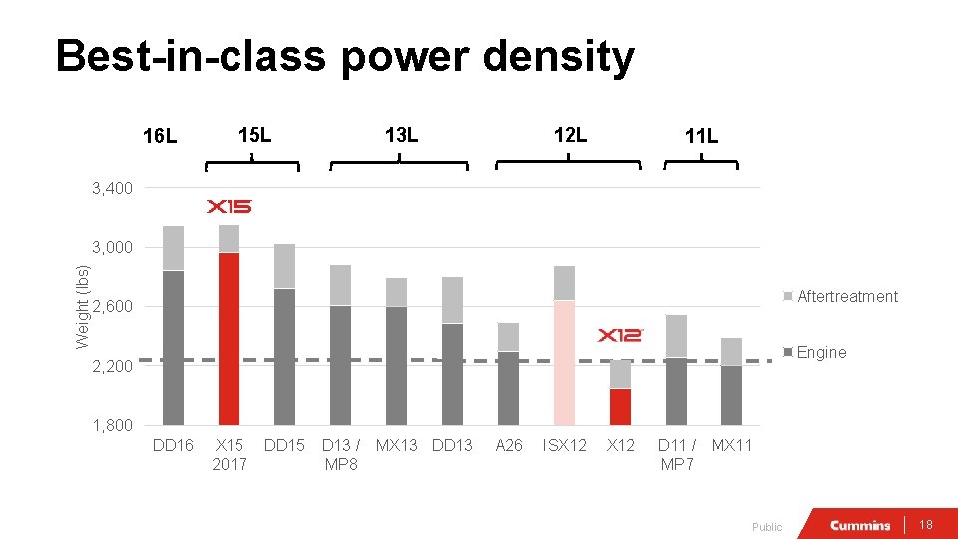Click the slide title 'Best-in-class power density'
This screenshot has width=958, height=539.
344,57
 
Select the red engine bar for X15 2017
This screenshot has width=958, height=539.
229,338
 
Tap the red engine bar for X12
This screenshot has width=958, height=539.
620,406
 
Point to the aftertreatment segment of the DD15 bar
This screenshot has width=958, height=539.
284,267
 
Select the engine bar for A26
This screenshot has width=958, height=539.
508,388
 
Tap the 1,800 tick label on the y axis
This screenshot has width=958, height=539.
112,425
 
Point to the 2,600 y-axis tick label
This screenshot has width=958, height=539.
112,306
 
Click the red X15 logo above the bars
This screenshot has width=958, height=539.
229,207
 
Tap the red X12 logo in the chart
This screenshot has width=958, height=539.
620,335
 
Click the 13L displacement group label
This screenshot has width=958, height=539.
400,134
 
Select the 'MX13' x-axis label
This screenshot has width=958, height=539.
396,445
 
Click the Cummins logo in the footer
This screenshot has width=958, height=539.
859,525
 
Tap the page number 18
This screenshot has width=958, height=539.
926,525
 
